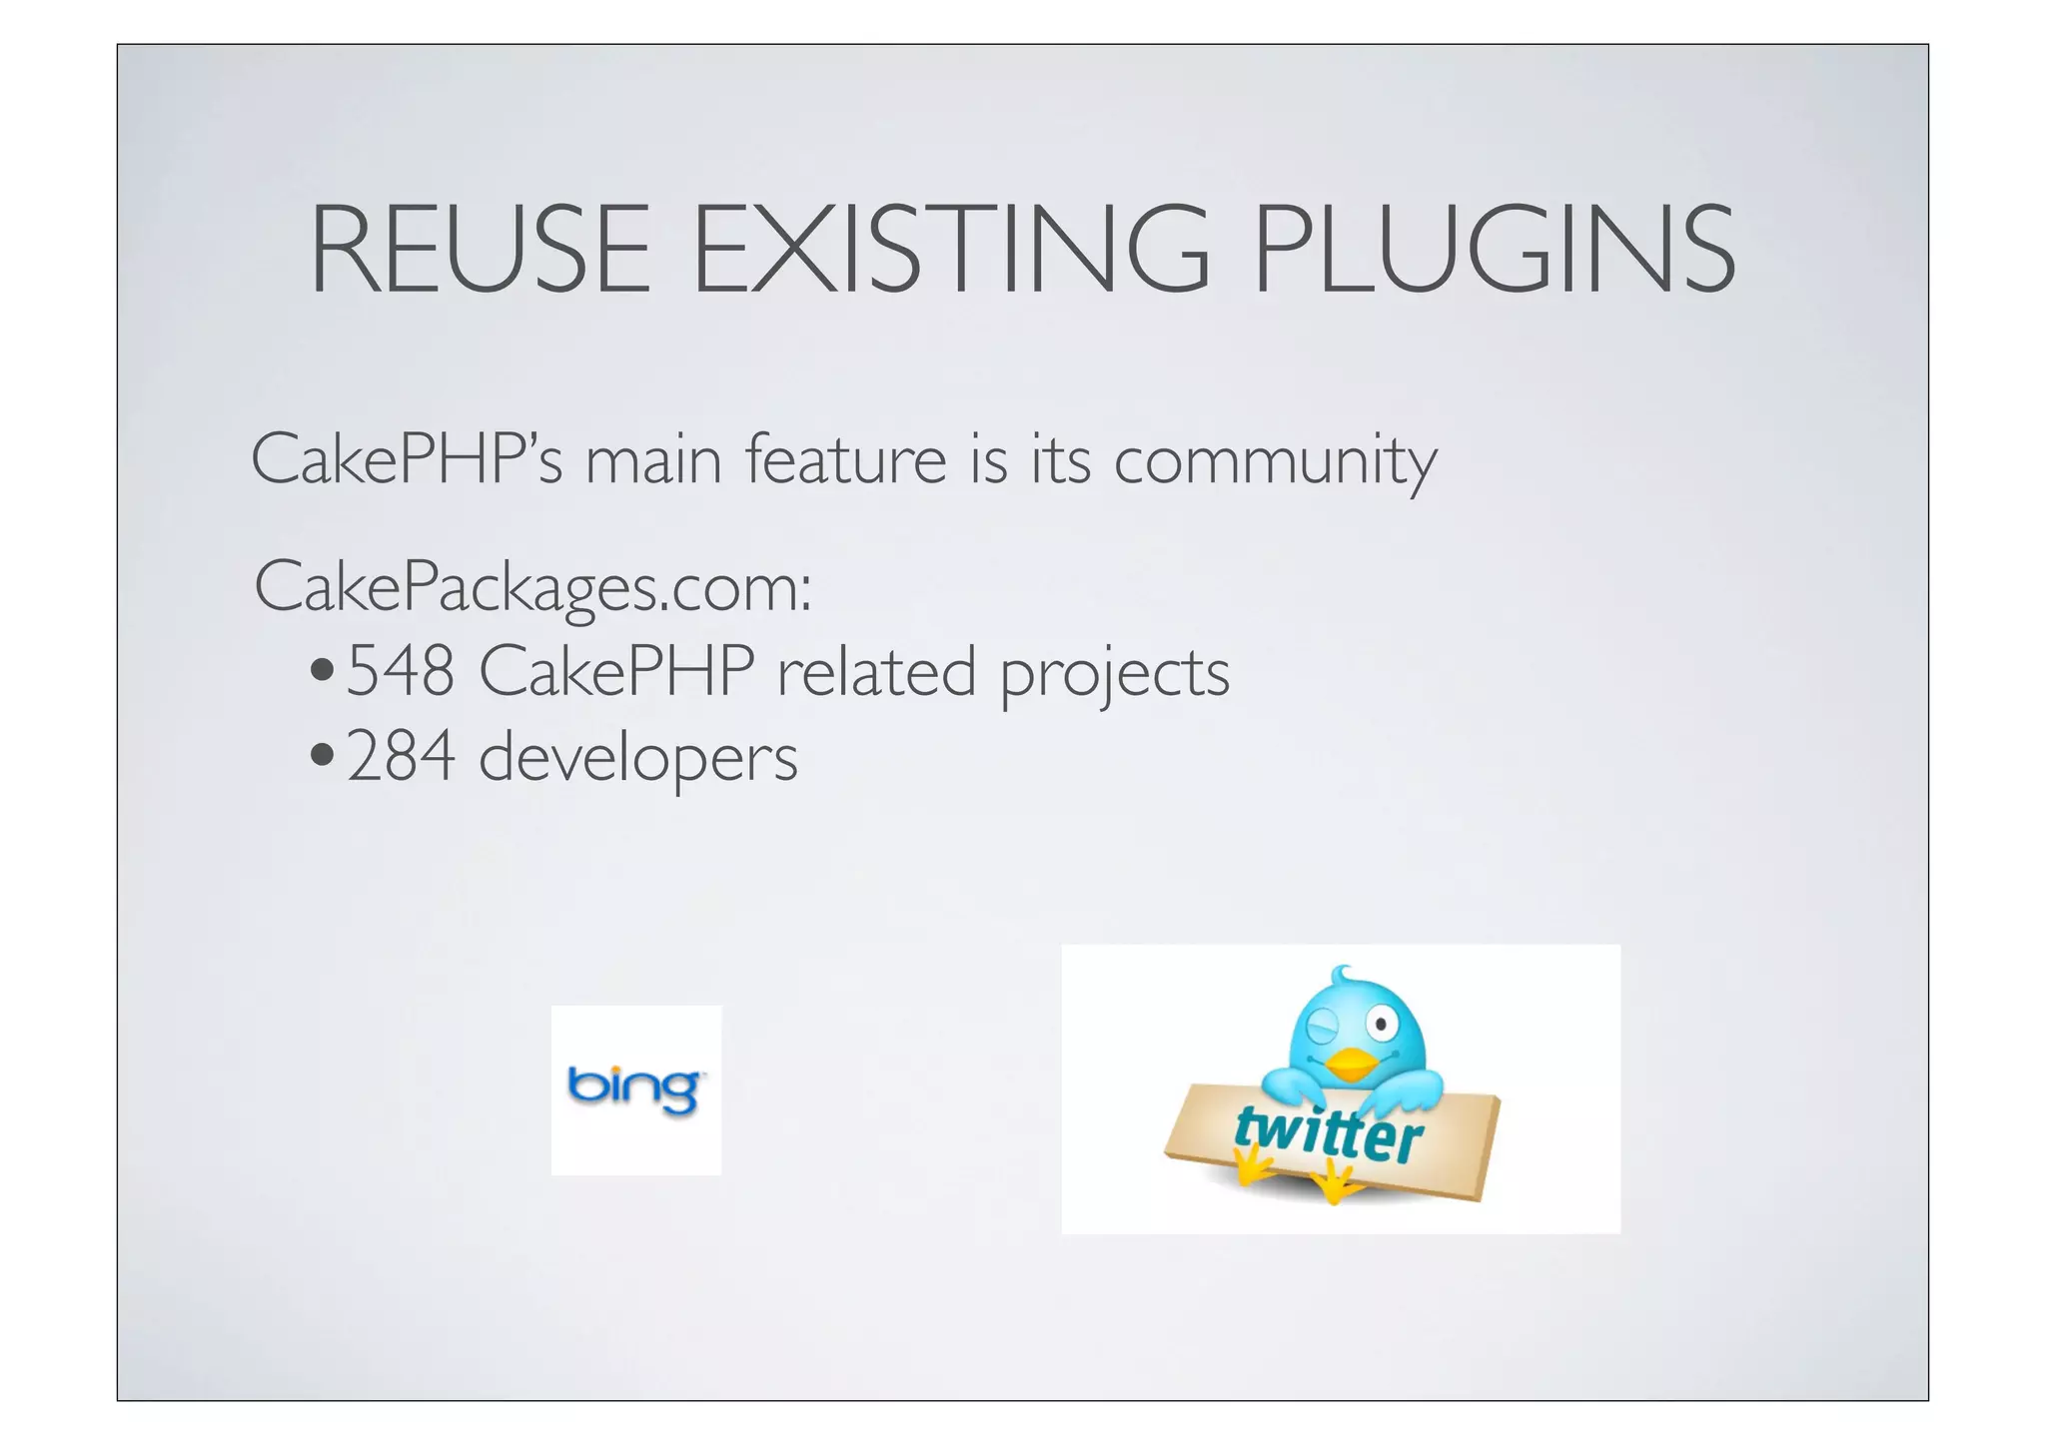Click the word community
(x=1275, y=462)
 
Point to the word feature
(x=846, y=460)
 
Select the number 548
(x=401, y=672)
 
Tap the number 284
(x=401, y=757)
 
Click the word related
(x=876, y=672)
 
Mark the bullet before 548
(x=322, y=670)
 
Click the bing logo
(x=635, y=1089)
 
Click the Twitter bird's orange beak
(x=1352, y=1065)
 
